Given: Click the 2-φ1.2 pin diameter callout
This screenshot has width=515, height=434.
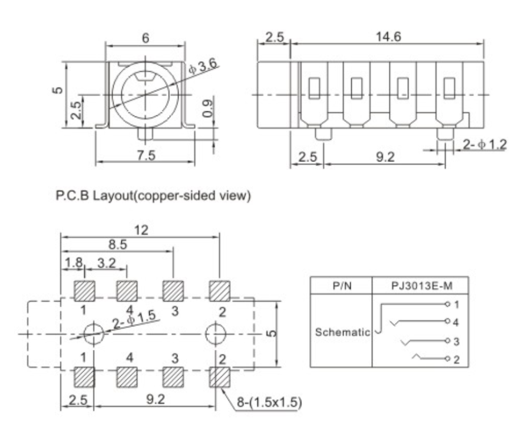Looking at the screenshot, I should pyautogui.click(x=484, y=144).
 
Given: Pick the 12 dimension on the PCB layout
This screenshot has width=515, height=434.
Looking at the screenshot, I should pyautogui.click(x=140, y=230).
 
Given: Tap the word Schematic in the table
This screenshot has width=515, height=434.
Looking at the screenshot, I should pyautogui.click(x=341, y=332).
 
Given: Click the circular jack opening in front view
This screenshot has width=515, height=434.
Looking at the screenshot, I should pyautogui.click(x=144, y=94).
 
